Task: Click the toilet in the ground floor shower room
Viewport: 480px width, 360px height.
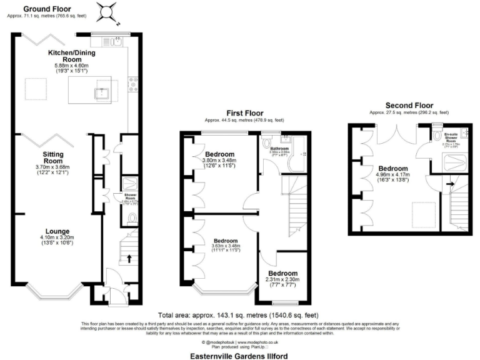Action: [129, 218]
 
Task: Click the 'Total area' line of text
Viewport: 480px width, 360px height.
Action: [239, 316]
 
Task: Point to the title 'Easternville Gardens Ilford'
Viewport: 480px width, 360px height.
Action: [240, 354]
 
